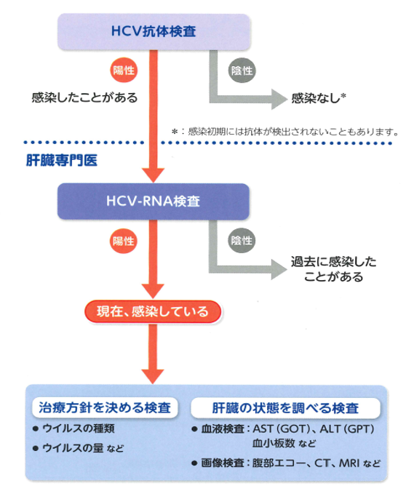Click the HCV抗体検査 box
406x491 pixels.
tap(154, 31)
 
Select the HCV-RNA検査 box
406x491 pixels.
tap(154, 201)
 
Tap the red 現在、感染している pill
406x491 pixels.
tap(153, 312)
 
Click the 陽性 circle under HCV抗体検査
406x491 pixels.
tap(124, 70)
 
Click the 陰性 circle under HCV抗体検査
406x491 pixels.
tap(242, 71)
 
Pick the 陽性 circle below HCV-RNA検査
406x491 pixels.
tap(124, 241)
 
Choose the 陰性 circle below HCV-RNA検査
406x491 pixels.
tap(242, 241)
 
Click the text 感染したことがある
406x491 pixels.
tap(84, 97)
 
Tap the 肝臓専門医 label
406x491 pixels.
tap(61, 160)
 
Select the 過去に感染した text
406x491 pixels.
tap(334, 261)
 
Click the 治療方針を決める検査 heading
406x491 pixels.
tap(105, 407)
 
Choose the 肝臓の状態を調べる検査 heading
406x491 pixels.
tap(285, 408)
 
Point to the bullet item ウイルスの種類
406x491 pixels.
tap(79, 428)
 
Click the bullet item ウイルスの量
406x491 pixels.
tap(73, 448)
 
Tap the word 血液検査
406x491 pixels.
tap(222, 428)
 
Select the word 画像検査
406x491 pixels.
tap(222, 463)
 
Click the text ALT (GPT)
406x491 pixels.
tap(347, 428)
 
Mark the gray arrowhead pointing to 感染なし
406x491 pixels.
tap(279, 99)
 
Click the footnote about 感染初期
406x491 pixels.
tap(285, 132)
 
